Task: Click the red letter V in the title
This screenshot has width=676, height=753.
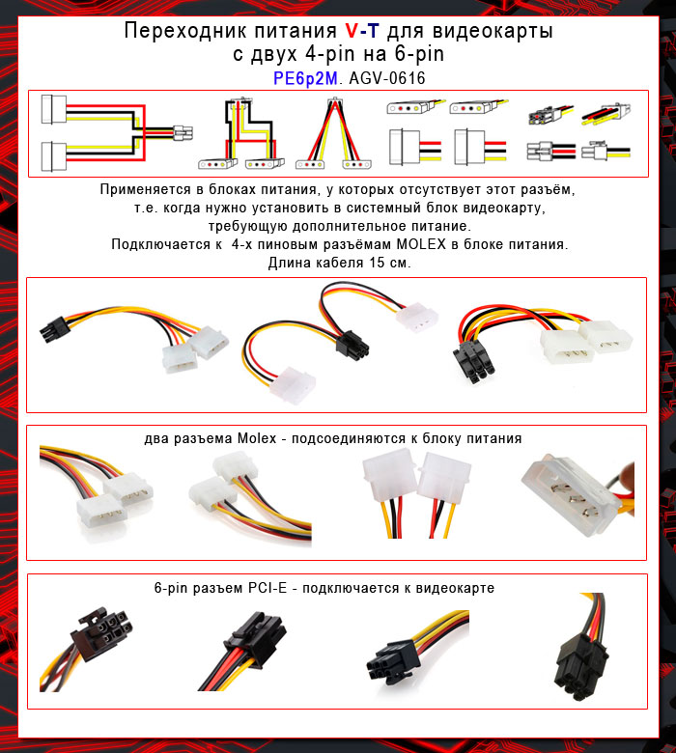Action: pyautogui.click(x=352, y=32)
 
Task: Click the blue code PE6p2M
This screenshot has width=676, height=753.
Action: pyautogui.click(x=305, y=77)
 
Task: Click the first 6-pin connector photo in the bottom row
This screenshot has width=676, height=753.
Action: pyautogui.click(x=94, y=636)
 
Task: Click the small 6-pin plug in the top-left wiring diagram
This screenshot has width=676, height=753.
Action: pyautogui.click(x=183, y=131)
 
